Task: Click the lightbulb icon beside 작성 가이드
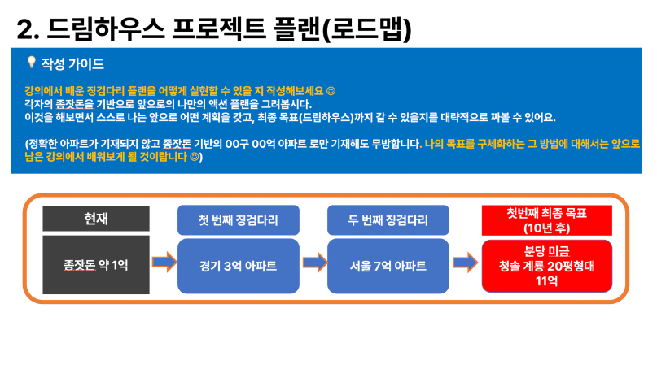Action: point(32,63)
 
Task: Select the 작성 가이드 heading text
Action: point(72,64)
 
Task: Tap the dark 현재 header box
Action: point(96,219)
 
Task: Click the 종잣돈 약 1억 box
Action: point(96,265)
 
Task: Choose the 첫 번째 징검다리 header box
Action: point(239,220)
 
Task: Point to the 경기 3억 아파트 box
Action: point(239,266)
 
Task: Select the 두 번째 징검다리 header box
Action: point(388,220)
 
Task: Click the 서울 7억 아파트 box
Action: point(388,266)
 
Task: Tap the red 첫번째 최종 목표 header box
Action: point(547,220)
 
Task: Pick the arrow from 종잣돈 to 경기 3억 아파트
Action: point(164,263)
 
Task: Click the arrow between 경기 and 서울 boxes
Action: point(315,263)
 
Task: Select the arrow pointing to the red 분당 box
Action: point(466,263)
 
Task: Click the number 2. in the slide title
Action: point(28,30)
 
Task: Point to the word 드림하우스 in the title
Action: point(105,29)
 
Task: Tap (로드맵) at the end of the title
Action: point(367,30)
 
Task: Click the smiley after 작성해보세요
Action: point(331,91)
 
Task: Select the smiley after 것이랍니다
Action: point(195,157)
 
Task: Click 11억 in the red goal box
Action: point(547,280)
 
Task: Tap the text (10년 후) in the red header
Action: point(547,228)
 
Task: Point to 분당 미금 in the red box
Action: point(547,251)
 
